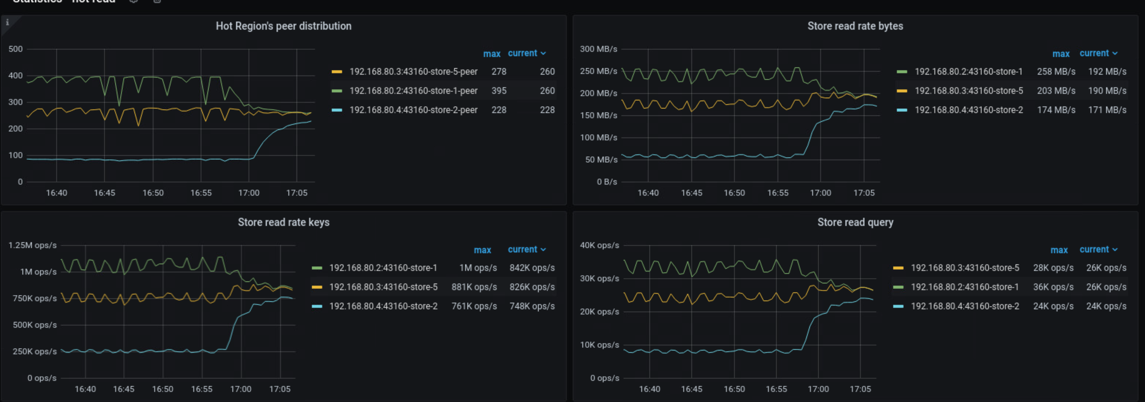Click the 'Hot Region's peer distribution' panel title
284,26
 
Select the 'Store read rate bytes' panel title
855,26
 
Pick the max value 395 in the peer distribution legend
499,91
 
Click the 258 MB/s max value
1056,72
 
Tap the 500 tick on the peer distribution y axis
16,49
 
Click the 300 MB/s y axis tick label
598,49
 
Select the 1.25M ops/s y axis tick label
32,245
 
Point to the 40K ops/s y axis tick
599,245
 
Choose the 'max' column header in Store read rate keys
482,250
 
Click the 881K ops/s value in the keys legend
474,287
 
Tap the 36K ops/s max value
1053,287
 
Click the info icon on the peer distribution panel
7,22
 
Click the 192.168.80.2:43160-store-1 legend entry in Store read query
965,287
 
